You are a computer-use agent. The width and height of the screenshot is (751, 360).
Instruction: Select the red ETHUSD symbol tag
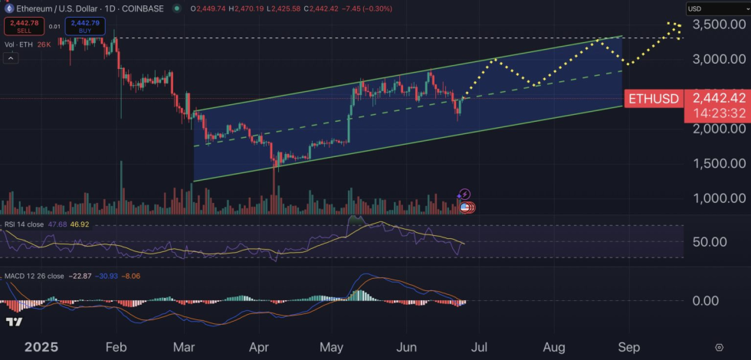click(653, 98)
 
